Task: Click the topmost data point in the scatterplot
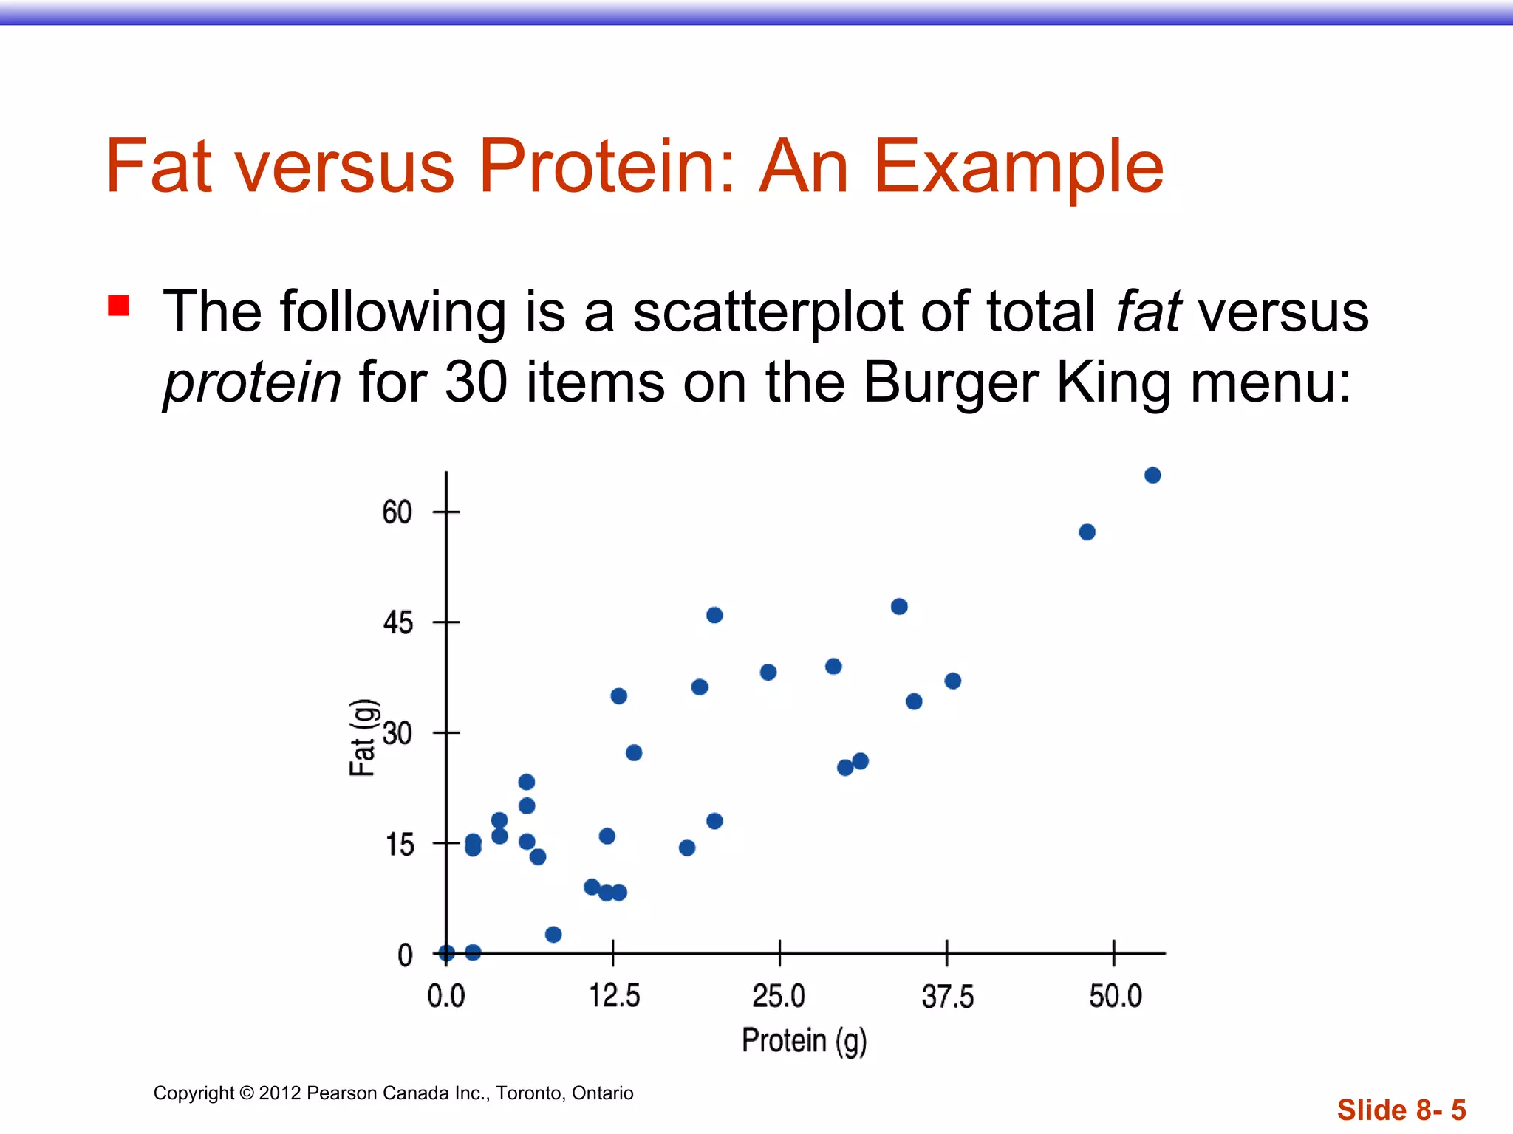pyautogui.click(x=1152, y=475)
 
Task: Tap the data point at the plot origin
pyautogui.click(x=446, y=953)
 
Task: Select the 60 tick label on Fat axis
pyautogui.click(x=397, y=512)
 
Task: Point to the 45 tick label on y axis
pyautogui.click(x=397, y=623)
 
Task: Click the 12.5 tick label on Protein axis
pyautogui.click(x=614, y=996)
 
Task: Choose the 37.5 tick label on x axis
pyautogui.click(x=948, y=997)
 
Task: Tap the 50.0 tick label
pyautogui.click(x=1115, y=996)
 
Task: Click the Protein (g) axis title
pyautogui.click(x=804, y=1041)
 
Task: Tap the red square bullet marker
pyautogui.click(x=119, y=306)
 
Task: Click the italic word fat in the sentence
pyautogui.click(x=1148, y=312)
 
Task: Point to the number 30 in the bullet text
pyautogui.click(x=476, y=382)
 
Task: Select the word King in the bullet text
pyautogui.click(x=1113, y=382)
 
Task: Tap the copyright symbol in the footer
pyautogui.click(x=246, y=1093)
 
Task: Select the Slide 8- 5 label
pyautogui.click(x=1401, y=1110)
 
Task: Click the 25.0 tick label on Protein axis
pyautogui.click(x=779, y=996)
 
